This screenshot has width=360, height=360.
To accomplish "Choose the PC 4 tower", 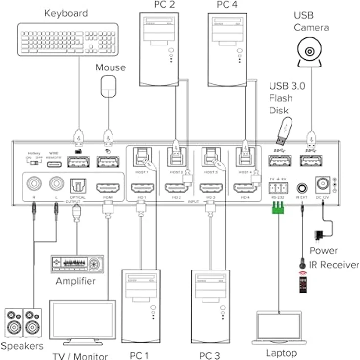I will point(226,49).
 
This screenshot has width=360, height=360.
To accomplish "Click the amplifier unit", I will point(77,264).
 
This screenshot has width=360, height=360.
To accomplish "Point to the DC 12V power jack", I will point(323,184).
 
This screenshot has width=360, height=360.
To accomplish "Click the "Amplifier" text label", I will point(75,281).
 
